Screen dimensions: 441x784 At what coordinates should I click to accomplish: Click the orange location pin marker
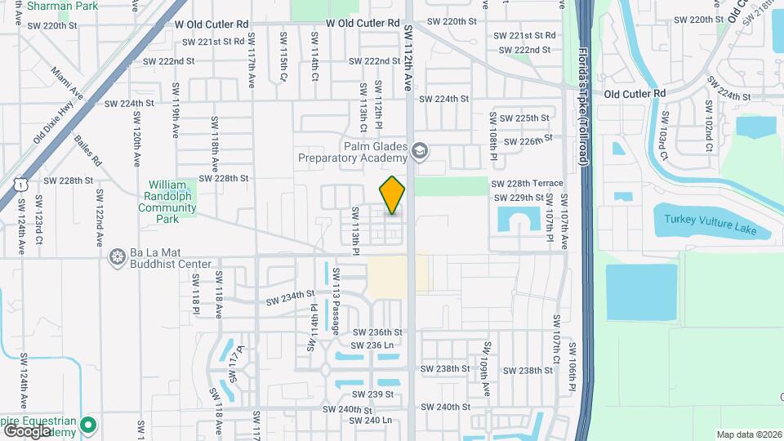pos(392,194)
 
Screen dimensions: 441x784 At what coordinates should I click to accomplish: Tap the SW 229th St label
pos(519,198)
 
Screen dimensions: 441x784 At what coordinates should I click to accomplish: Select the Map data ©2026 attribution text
pos(748,434)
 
